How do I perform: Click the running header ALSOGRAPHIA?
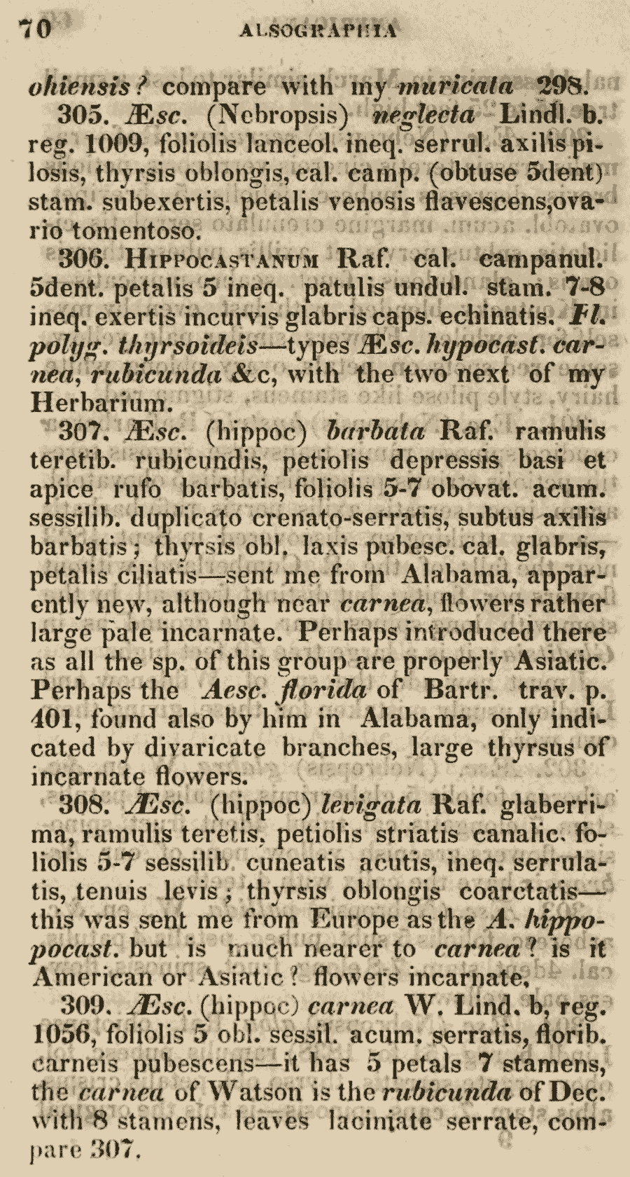(x=318, y=30)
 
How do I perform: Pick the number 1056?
(x=59, y=1035)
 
